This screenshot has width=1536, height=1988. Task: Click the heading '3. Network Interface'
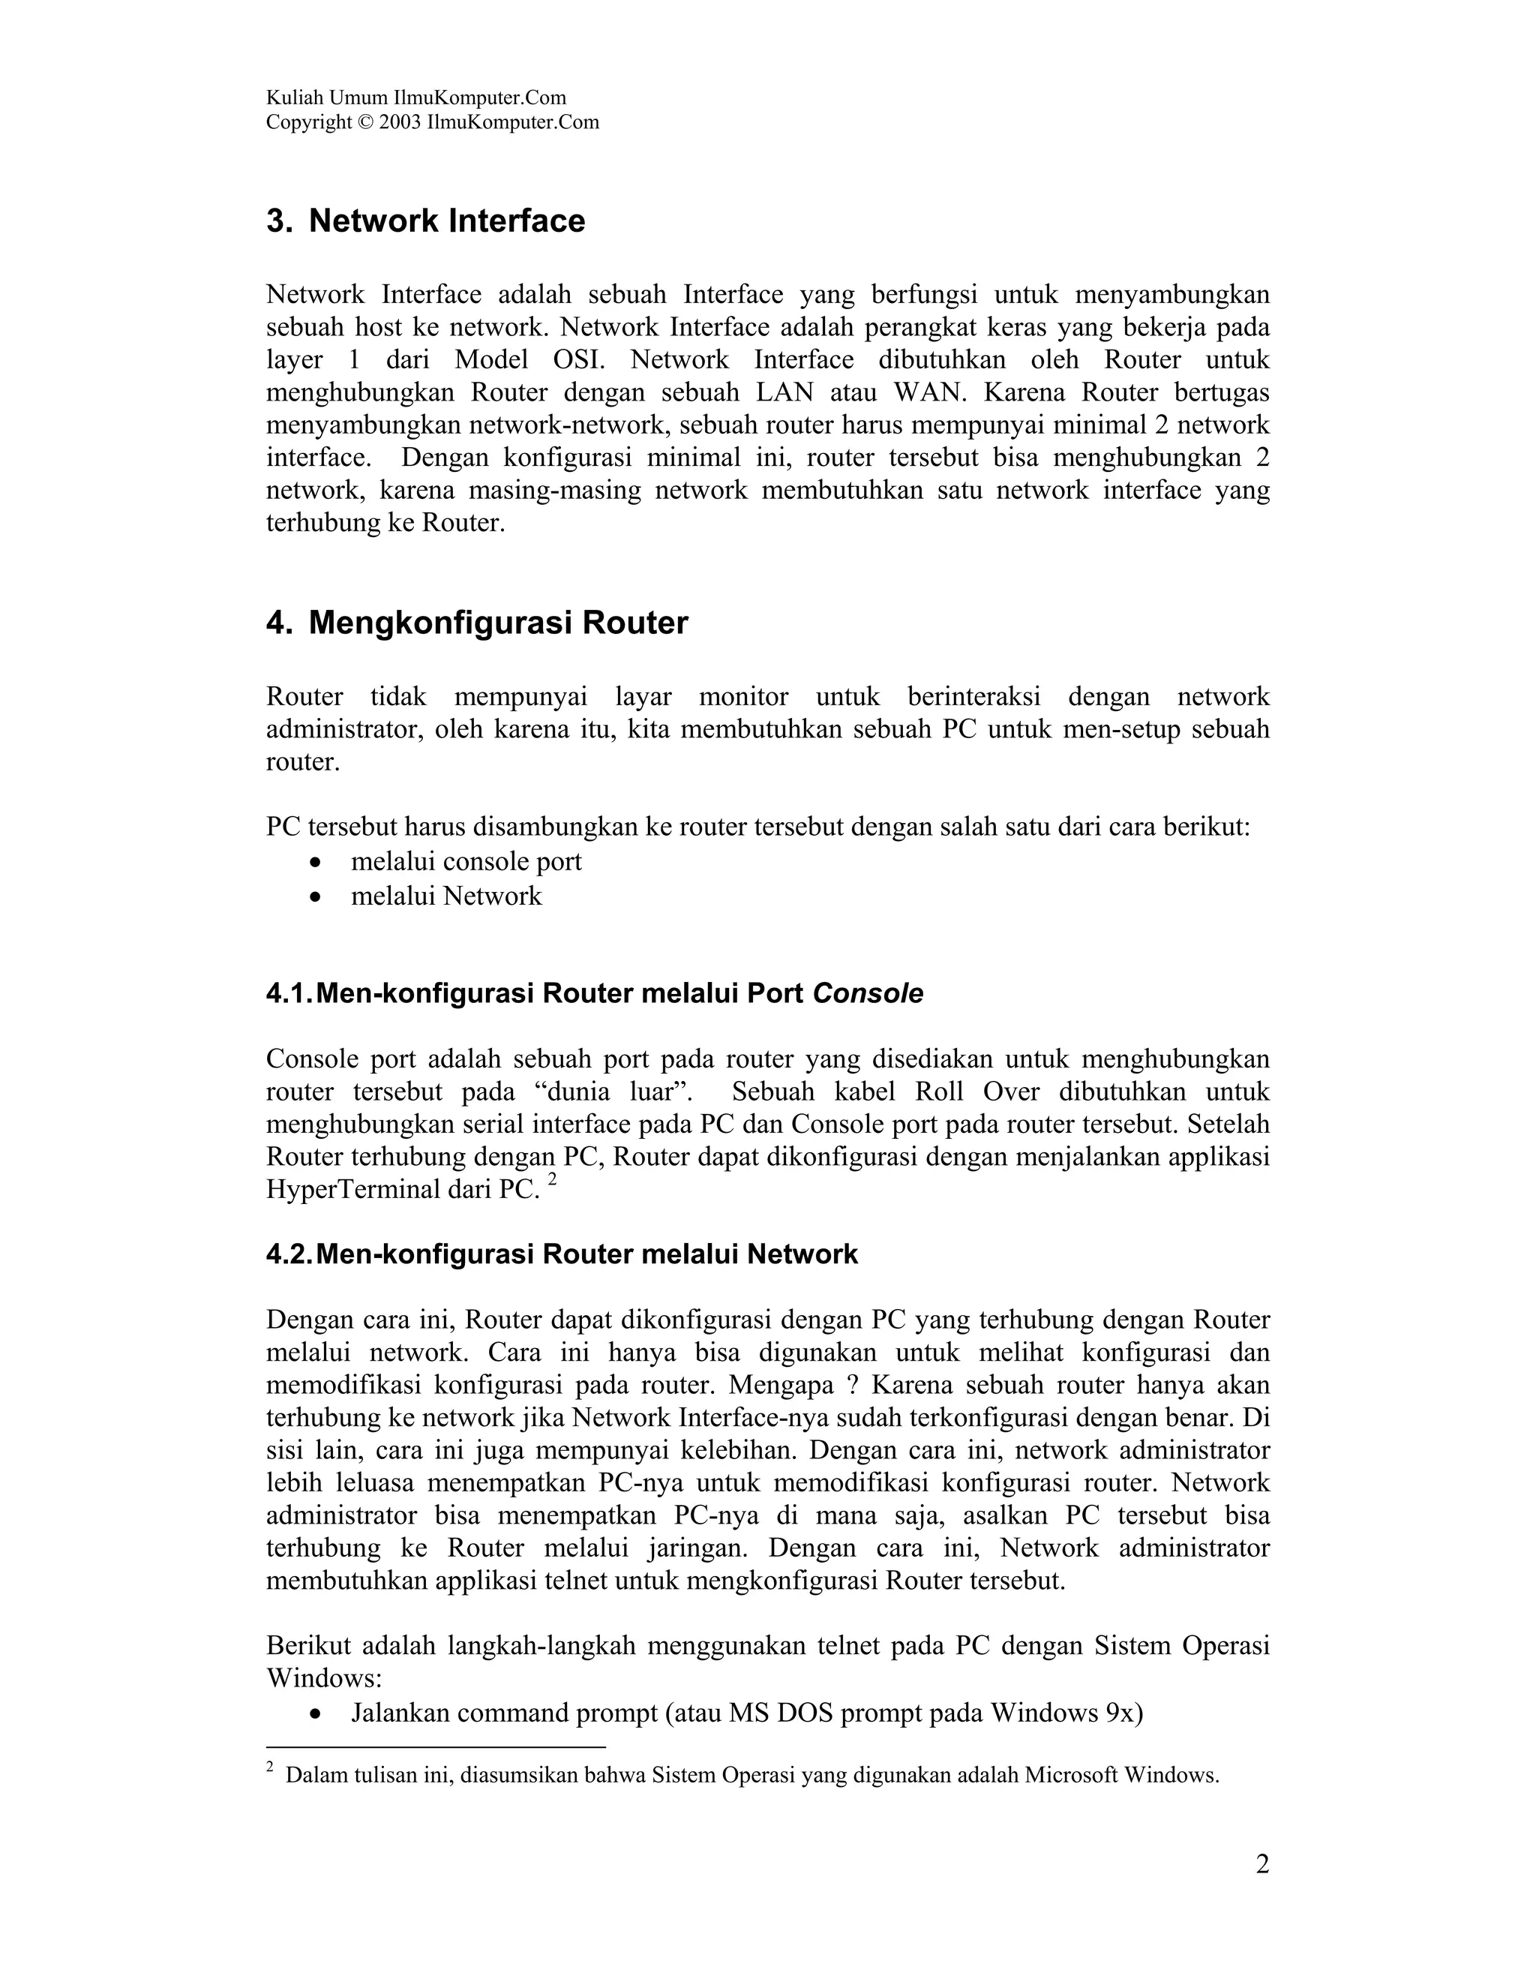point(426,221)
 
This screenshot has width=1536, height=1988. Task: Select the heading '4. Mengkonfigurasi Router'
point(477,623)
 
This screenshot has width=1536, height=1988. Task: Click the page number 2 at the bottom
point(1262,1865)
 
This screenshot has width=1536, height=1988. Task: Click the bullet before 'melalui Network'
point(316,897)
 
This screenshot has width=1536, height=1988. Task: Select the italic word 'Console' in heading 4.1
point(867,994)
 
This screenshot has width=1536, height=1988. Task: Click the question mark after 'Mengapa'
point(852,1386)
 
